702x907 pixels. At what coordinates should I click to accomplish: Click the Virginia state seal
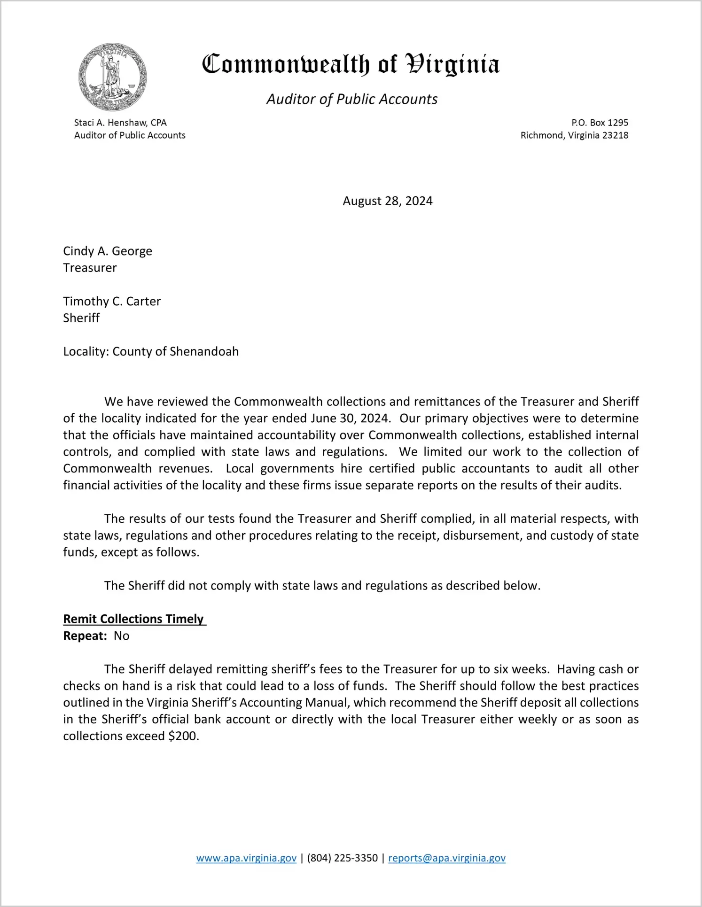point(113,77)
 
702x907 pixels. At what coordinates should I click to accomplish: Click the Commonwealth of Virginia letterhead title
point(351,65)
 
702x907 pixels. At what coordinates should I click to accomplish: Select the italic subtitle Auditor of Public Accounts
point(352,99)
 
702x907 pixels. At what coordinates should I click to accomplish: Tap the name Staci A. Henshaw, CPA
point(120,123)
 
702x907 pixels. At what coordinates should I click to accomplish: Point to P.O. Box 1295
point(600,123)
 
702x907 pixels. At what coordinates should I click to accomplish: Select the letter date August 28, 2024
point(387,201)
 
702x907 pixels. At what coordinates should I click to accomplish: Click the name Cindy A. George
point(108,251)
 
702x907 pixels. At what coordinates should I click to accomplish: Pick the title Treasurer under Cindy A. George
point(90,268)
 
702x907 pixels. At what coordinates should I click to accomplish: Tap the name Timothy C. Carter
point(112,301)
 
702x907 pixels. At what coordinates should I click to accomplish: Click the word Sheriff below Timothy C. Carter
point(81,318)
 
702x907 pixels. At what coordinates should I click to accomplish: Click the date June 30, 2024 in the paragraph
point(350,418)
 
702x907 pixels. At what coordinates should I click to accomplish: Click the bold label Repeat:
point(85,636)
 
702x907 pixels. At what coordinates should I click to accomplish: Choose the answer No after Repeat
point(121,636)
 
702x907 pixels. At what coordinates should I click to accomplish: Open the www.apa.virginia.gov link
point(246,858)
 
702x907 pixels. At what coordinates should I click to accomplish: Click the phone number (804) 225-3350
point(342,858)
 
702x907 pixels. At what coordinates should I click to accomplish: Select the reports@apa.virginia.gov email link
point(447,858)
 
